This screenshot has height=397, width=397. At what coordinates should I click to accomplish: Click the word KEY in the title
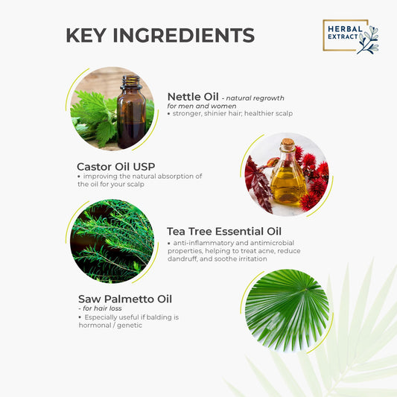click(86, 35)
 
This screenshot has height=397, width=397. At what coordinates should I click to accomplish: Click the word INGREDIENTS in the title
click(184, 35)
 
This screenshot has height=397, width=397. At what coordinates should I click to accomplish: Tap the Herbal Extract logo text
click(345, 33)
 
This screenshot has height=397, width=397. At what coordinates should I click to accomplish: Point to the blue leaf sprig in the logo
click(369, 40)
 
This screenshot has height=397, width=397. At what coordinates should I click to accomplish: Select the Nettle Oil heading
click(193, 97)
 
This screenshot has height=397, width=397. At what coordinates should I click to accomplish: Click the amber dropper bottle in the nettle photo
click(131, 112)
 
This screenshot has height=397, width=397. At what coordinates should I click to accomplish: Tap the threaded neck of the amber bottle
click(131, 81)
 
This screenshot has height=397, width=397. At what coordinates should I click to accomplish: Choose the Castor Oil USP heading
click(116, 167)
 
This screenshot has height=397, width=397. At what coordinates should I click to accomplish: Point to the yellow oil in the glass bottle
click(288, 186)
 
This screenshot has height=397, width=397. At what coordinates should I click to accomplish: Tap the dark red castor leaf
click(258, 183)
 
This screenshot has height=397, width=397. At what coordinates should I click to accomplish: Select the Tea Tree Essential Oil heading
click(224, 232)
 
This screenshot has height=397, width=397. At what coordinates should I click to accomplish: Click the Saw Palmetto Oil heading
click(125, 299)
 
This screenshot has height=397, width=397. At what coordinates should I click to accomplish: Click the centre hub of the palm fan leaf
click(305, 290)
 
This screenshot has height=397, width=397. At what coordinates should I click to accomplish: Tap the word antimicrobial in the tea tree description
click(272, 243)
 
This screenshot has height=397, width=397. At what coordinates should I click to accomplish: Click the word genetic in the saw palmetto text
click(130, 325)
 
